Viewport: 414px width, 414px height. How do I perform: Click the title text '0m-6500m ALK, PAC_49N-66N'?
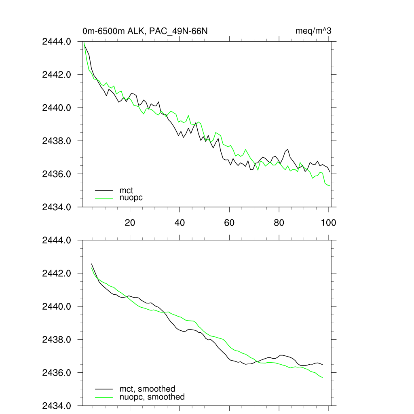click(145, 31)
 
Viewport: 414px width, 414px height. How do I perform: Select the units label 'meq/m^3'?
click(314, 31)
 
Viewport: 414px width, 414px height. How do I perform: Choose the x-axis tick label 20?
click(130, 222)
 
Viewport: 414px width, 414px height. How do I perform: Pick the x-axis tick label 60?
click(229, 222)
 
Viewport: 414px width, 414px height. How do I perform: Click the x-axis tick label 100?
click(328, 222)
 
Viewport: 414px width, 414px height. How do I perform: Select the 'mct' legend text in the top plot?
click(126, 190)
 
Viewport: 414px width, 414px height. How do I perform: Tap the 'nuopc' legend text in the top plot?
click(131, 198)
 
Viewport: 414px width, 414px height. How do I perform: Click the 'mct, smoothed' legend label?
click(147, 389)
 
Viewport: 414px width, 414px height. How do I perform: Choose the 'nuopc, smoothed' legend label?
click(152, 397)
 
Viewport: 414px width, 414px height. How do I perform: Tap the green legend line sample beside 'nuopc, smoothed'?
click(104, 397)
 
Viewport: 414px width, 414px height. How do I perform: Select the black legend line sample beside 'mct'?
click(104, 190)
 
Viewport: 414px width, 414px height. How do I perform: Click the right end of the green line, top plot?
click(330, 186)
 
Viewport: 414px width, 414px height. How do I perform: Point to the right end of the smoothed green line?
click(323, 378)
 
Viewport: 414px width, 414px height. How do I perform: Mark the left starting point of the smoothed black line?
click(91, 264)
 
